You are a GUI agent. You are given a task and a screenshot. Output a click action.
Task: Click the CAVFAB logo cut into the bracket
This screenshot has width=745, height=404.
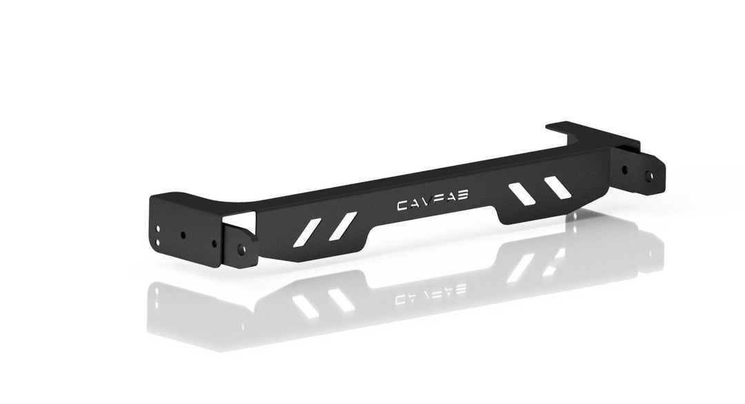(x=433, y=200)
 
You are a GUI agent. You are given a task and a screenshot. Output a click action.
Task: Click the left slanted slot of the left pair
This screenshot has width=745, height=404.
(x=310, y=233)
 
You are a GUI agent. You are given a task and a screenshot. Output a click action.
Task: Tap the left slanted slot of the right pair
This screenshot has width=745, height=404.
(x=521, y=194)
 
